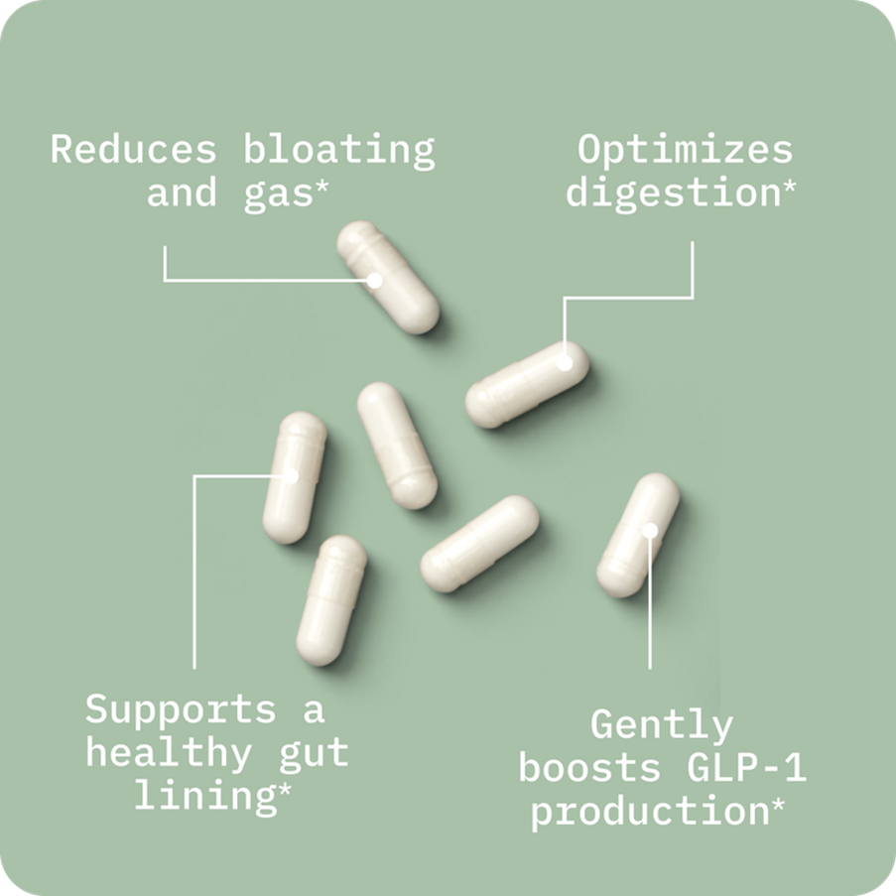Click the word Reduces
(133, 150)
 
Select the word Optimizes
(686, 150)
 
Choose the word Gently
(662, 725)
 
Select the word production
(649, 812)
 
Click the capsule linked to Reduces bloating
(388, 277)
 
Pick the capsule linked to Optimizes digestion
(527, 384)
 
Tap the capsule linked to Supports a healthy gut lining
(294, 477)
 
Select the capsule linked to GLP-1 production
(638, 535)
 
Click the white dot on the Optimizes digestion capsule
(565, 362)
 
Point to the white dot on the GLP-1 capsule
(650, 530)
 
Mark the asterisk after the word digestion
(789, 185)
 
